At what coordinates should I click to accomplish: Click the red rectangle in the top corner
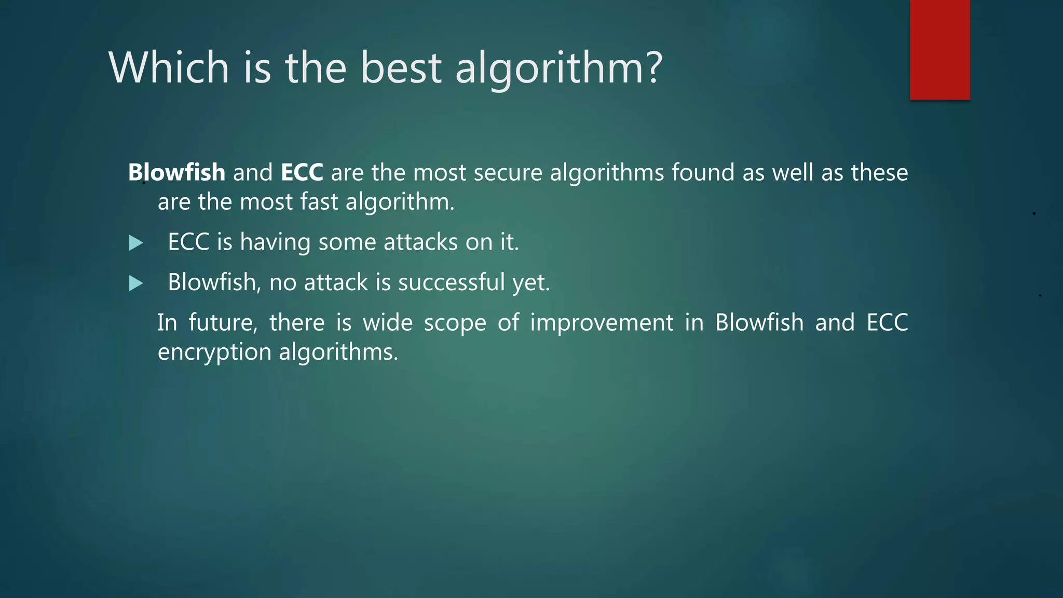click(939, 49)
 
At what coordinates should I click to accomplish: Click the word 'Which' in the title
click(169, 67)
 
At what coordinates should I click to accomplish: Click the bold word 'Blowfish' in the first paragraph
click(176, 172)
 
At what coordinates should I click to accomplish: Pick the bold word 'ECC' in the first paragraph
click(302, 172)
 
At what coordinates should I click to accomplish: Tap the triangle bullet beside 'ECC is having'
click(135, 243)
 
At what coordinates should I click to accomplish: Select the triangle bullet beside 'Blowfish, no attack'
click(135, 283)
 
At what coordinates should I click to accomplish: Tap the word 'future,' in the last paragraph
click(223, 323)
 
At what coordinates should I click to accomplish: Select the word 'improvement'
click(602, 323)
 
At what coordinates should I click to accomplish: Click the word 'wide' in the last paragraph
click(387, 323)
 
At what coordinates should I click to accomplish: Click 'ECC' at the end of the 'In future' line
click(887, 323)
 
